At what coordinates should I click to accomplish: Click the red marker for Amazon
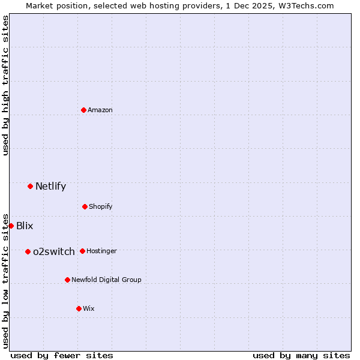click(x=84, y=110)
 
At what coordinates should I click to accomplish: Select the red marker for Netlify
click(x=30, y=186)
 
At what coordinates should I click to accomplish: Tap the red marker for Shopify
click(x=85, y=206)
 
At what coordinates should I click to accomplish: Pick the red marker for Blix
click(x=11, y=226)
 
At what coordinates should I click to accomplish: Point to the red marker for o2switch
click(x=28, y=251)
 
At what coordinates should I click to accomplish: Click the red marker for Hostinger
click(x=82, y=251)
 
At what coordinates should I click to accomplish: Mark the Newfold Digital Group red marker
click(x=67, y=280)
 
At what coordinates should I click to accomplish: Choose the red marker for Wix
click(x=79, y=308)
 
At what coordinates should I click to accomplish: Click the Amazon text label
click(x=100, y=110)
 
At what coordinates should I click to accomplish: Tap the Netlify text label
click(x=50, y=186)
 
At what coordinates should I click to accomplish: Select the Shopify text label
click(x=101, y=206)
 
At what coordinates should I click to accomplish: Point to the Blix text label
click(x=25, y=226)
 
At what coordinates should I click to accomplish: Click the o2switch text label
click(x=54, y=251)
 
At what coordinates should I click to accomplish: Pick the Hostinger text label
click(x=102, y=251)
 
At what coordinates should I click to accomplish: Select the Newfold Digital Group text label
click(x=107, y=280)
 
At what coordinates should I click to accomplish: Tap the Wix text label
click(x=89, y=308)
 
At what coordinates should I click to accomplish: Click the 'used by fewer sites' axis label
click(x=62, y=355)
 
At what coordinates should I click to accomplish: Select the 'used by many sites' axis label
click(x=301, y=355)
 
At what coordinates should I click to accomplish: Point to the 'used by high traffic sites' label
click(x=5, y=85)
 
